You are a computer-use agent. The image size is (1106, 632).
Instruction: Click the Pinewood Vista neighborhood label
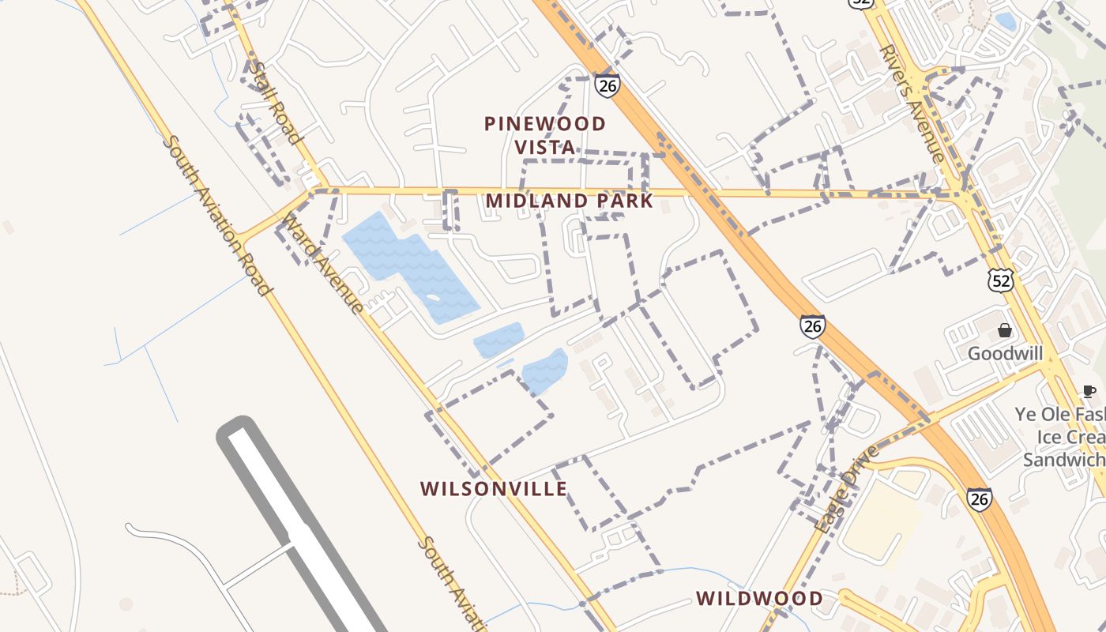tap(545, 135)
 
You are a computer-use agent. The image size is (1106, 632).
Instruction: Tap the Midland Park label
tap(570, 201)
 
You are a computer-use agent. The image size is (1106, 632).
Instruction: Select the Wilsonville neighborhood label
tap(494, 489)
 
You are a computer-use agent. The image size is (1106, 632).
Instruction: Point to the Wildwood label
tap(759, 598)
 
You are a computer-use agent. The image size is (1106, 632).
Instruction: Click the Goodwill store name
tap(1006, 353)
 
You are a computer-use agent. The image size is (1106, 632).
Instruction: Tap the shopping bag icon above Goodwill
tap(1005, 330)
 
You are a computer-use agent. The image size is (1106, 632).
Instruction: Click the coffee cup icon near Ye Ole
tap(1089, 391)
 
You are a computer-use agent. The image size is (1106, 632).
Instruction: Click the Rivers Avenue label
tap(912, 103)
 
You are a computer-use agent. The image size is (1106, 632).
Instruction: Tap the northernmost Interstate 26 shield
tap(608, 85)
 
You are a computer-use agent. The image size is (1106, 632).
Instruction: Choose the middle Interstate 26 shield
tap(812, 325)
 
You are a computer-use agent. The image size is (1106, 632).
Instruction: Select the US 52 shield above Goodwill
tap(999, 280)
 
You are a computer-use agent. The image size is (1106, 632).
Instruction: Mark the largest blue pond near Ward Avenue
tap(411, 265)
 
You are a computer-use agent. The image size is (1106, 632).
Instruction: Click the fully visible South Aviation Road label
tap(217, 215)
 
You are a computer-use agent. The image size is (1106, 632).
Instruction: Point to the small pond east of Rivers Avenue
tap(1005, 21)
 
